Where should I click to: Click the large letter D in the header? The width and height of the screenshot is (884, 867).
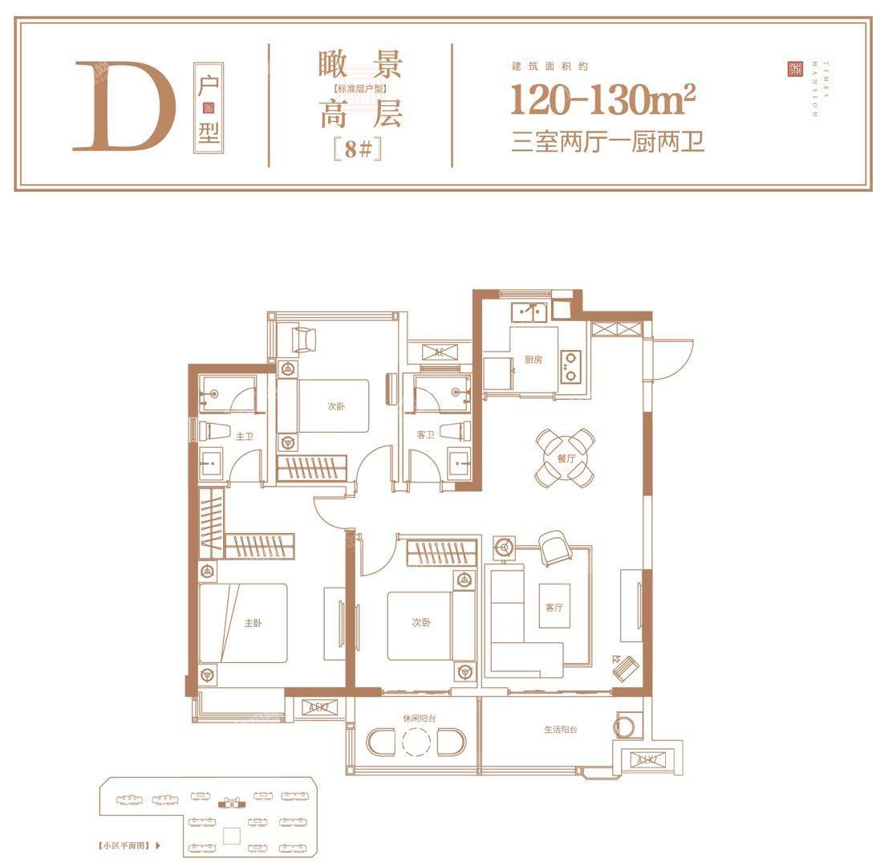[125, 105]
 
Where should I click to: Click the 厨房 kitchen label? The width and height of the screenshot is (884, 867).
[533, 360]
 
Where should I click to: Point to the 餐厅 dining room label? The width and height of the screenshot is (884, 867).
[566, 459]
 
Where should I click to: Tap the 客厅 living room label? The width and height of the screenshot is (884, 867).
[554, 607]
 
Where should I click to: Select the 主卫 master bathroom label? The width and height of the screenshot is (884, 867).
[244, 437]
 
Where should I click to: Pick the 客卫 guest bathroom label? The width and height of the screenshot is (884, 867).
[425, 435]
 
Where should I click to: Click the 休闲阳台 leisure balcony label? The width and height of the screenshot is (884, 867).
[416, 718]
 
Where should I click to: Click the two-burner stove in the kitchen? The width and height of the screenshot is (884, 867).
[571, 365]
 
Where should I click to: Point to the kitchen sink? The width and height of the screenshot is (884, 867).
[529, 310]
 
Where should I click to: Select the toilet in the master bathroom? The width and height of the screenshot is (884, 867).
[210, 430]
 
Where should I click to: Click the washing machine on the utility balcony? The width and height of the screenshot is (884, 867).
[627, 727]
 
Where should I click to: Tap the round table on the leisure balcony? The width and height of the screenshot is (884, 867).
[416, 743]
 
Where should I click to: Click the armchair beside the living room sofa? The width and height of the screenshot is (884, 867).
[554, 549]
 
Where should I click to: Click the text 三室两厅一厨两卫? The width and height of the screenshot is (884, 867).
[607, 144]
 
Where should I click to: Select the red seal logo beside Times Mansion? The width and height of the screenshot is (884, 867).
[794, 70]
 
